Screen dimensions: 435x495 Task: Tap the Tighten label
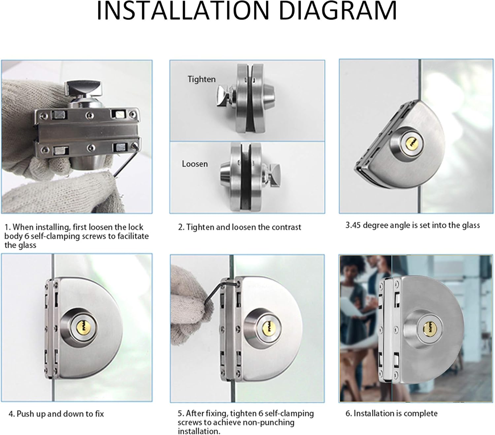201,79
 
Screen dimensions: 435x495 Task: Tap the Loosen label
195,164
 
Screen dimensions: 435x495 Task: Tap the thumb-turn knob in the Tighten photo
225,96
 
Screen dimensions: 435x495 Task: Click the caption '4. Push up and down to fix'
56,414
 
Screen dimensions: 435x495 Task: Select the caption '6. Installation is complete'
391,413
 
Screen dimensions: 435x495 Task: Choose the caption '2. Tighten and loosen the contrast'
240,227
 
